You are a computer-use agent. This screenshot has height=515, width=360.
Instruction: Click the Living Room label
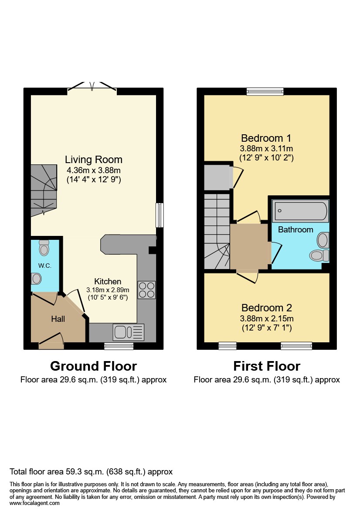93,160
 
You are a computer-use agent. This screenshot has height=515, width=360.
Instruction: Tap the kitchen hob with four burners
146,290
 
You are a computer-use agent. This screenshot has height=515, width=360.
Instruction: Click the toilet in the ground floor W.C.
44,247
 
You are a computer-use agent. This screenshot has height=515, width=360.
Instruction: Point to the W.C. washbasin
36,278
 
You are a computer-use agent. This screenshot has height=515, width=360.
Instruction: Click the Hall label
58,319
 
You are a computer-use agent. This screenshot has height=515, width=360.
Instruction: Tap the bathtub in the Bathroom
300,211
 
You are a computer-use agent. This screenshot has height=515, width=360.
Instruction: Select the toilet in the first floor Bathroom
318,255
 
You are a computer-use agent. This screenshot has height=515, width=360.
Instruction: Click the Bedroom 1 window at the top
265,91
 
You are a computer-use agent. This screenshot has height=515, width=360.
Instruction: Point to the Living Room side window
160,215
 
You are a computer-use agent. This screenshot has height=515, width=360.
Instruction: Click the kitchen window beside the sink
119,346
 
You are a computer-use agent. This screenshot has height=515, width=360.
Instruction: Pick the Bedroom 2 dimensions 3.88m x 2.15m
267,318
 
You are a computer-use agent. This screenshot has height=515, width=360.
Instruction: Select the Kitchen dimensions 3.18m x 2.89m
108,290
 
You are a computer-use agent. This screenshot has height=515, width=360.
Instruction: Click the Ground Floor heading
93,366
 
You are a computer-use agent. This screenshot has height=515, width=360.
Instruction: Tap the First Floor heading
267,366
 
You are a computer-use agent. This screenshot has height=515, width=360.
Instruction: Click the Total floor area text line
91,472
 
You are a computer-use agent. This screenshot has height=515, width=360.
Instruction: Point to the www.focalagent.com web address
34,503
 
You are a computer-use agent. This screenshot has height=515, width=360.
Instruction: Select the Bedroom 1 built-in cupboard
217,176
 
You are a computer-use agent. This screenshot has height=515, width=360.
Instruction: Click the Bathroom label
295,230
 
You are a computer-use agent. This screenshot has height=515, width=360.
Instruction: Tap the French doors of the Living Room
92,88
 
